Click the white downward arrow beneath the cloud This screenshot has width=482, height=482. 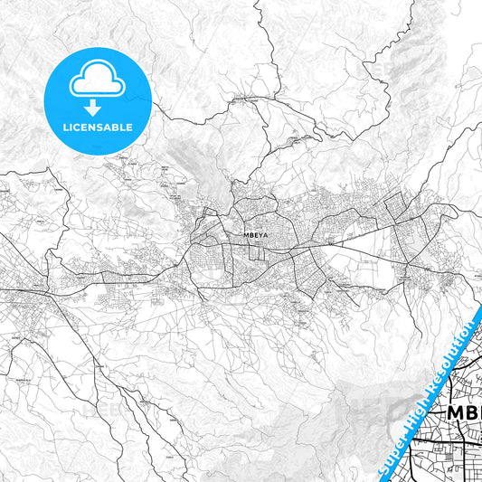(97, 107)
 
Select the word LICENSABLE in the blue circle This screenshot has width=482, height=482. (97, 128)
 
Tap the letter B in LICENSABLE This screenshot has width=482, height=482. (118, 128)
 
